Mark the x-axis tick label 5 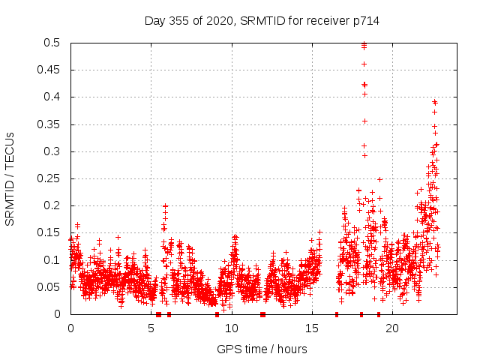pyautogui.click(x=151, y=328)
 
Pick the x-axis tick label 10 pyautogui.click(x=232, y=328)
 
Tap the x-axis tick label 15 pyautogui.click(x=312, y=328)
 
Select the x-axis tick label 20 pyautogui.click(x=392, y=328)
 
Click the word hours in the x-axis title pyautogui.click(x=291, y=349)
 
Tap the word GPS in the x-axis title pyautogui.click(x=228, y=349)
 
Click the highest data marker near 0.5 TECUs pyautogui.click(x=364, y=43)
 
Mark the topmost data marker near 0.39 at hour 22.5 pyautogui.click(x=434, y=102)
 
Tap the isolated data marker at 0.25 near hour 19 pyautogui.click(x=379, y=179)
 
